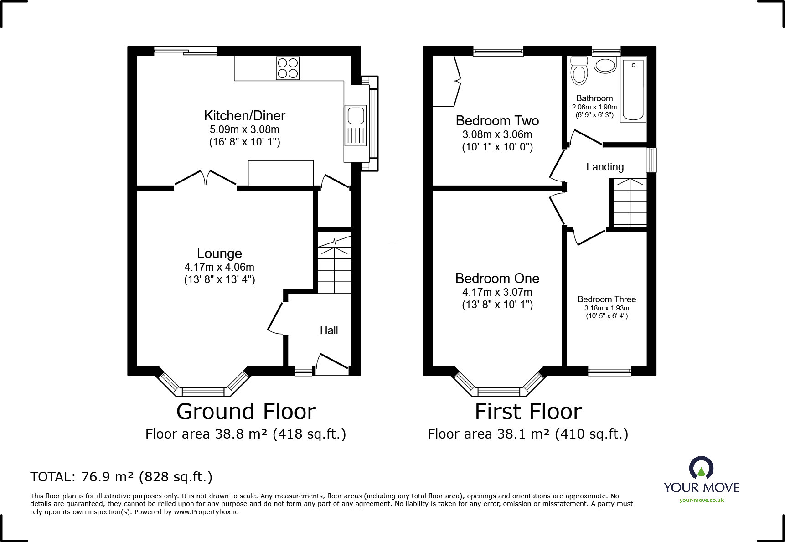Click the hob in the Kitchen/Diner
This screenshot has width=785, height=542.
(x=288, y=68)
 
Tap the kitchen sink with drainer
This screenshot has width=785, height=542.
(x=356, y=126)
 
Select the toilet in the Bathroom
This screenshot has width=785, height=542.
(x=579, y=71)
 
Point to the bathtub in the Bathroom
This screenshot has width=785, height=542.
(x=634, y=89)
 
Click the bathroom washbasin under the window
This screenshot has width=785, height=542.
(x=605, y=65)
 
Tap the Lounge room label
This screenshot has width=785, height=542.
(x=219, y=253)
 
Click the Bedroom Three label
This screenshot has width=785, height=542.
(x=607, y=299)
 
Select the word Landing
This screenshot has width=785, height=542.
(x=605, y=167)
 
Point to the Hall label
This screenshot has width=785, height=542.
(x=329, y=330)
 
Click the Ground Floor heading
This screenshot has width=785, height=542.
(x=246, y=412)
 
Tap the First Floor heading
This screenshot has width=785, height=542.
(x=528, y=412)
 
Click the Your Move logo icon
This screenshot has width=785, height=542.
(x=701, y=468)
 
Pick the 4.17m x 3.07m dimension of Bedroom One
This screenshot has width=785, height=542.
(x=497, y=292)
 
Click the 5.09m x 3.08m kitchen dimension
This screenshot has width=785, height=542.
(x=244, y=129)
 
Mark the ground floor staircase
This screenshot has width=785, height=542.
(x=334, y=263)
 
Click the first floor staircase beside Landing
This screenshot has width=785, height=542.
(x=630, y=203)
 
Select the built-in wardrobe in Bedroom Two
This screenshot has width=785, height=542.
(x=447, y=81)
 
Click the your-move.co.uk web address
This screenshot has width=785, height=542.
(x=702, y=500)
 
